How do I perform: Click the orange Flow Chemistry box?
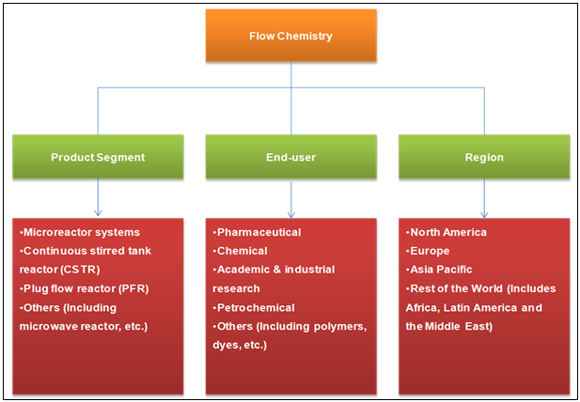(290, 37)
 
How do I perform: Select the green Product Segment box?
(98, 157)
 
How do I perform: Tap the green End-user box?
(290, 157)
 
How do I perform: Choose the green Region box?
(483, 157)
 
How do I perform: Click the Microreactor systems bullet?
(80, 232)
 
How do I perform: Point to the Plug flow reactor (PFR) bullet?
(85, 288)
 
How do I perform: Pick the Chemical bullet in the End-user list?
(243, 251)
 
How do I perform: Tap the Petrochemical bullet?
(255, 307)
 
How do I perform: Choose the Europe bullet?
(430, 251)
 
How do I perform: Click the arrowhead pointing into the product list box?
(98, 212)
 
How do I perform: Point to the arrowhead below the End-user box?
(290, 212)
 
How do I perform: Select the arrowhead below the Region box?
(483, 212)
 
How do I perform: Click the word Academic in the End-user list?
(243, 270)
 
